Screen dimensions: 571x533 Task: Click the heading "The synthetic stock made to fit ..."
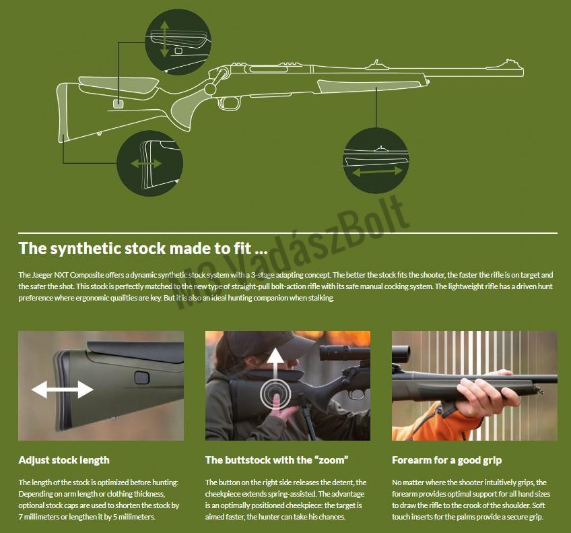pyautogui.click(x=143, y=248)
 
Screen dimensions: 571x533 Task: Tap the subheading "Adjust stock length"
pyautogui.click(x=64, y=460)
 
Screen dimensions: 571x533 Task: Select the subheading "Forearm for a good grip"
pyautogui.click(x=447, y=460)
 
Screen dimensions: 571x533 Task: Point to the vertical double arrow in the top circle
pyautogui.click(x=164, y=39)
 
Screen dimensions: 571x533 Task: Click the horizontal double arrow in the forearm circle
pyautogui.click(x=377, y=171)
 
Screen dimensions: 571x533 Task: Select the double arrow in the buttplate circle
pyautogui.click(x=146, y=164)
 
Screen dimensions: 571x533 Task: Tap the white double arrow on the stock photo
pyautogui.click(x=62, y=389)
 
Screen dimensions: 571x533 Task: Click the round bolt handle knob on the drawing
pyautogui.click(x=211, y=88)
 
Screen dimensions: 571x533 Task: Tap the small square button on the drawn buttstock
pyautogui.click(x=118, y=103)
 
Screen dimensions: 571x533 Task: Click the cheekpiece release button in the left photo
pyautogui.click(x=141, y=378)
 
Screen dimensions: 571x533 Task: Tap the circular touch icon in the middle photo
pyautogui.click(x=275, y=394)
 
